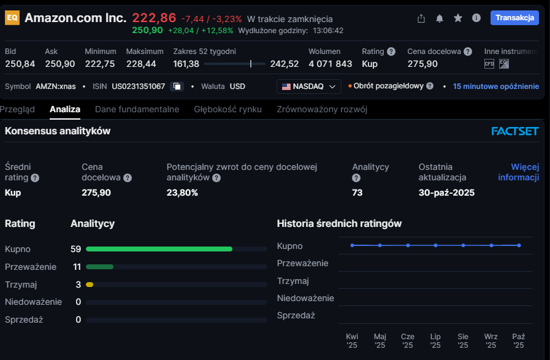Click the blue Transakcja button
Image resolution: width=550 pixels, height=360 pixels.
pos(514,18)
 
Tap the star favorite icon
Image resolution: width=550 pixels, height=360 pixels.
pos(458,18)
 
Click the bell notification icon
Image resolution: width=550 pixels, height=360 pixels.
pos(440,18)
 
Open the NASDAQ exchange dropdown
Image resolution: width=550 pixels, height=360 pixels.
pos(310,86)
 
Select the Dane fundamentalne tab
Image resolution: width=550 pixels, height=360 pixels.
pos(137,109)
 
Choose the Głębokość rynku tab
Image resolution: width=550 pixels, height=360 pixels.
pos(227,109)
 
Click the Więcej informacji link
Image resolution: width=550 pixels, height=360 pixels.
pos(519,172)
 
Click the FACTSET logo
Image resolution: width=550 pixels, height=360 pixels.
pos(515,131)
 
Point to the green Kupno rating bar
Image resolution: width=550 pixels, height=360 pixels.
pos(159,249)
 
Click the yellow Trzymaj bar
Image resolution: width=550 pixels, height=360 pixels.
pos(90,285)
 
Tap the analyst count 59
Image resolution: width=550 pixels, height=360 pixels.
pos(76,249)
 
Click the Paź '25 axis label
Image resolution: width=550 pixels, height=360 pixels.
pos(519,340)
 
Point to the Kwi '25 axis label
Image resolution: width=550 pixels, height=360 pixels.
pos(352,340)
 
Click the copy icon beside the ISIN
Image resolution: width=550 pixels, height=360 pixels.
pos(177,86)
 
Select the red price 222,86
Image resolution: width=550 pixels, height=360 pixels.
pos(154,18)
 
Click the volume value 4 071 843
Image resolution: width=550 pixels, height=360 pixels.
pos(330,64)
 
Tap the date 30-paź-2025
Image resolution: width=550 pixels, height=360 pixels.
pos(446,193)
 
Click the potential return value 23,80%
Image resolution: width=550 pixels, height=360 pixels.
pos(182,193)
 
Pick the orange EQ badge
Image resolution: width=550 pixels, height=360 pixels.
pos(12,18)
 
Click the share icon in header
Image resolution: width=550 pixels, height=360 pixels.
pos(421,18)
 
